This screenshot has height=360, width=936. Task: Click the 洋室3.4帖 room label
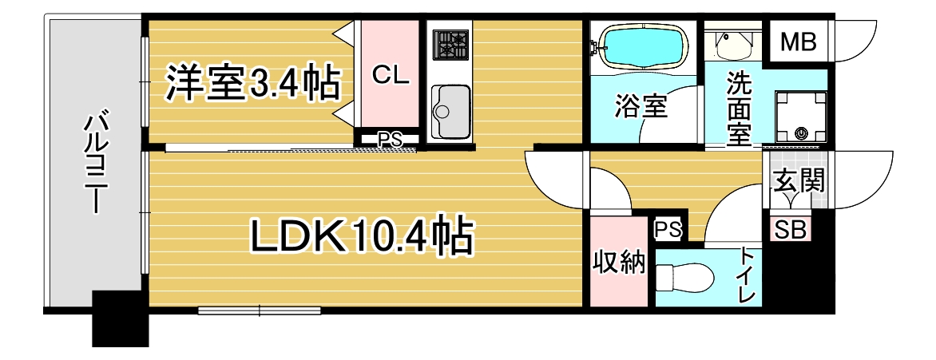pos(252,82)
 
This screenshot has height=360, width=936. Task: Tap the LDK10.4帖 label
pos(363,235)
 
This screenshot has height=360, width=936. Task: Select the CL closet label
pos(391,76)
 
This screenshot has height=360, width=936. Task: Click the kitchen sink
pos(451,111)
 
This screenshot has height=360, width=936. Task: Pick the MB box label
pos(798,42)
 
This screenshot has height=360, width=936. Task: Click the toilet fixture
pos(685,278)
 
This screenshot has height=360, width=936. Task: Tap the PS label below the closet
pos(389,140)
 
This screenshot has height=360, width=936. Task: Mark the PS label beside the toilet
pos(668,230)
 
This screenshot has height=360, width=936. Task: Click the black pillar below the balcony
pos(121,319)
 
